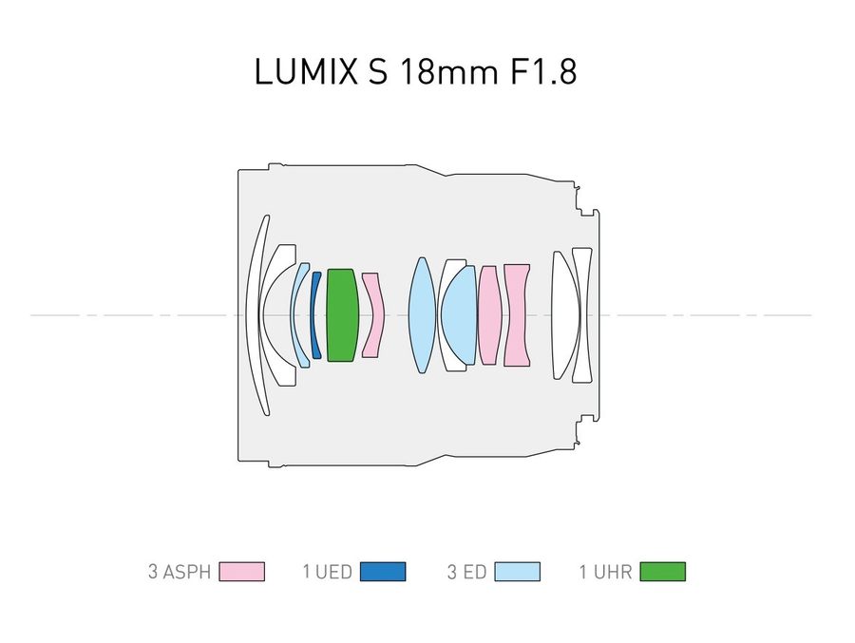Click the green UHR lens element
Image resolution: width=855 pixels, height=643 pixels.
click(x=342, y=314)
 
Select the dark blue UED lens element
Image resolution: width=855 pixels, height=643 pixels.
click(x=314, y=314)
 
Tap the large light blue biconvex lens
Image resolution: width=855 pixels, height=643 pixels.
click(x=422, y=314)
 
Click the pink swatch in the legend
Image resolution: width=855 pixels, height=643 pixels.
click(x=241, y=572)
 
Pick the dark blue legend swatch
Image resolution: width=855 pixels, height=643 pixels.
click(x=383, y=572)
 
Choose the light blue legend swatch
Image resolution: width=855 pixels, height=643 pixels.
click(x=518, y=572)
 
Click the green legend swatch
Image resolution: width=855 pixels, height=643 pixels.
click(x=662, y=572)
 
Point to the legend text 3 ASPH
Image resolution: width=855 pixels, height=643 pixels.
click(x=180, y=572)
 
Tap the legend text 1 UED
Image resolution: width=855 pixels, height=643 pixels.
click(x=327, y=572)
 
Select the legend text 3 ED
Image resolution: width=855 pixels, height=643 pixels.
click(x=466, y=572)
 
